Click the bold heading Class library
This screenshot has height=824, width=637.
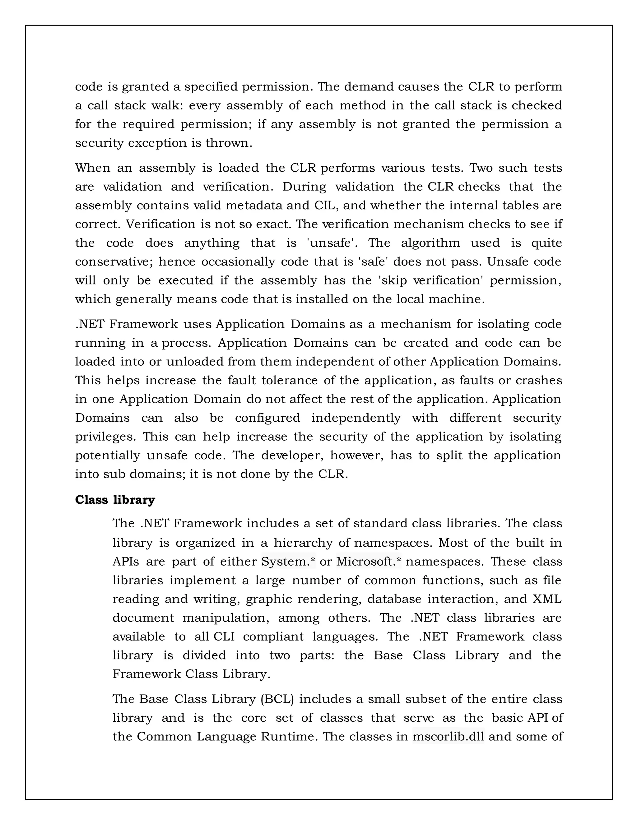115,500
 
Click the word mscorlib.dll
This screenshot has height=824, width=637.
448,736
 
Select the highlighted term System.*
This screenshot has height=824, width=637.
288,561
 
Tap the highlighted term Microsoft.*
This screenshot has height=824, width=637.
369,561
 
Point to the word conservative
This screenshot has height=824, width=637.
114,262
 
